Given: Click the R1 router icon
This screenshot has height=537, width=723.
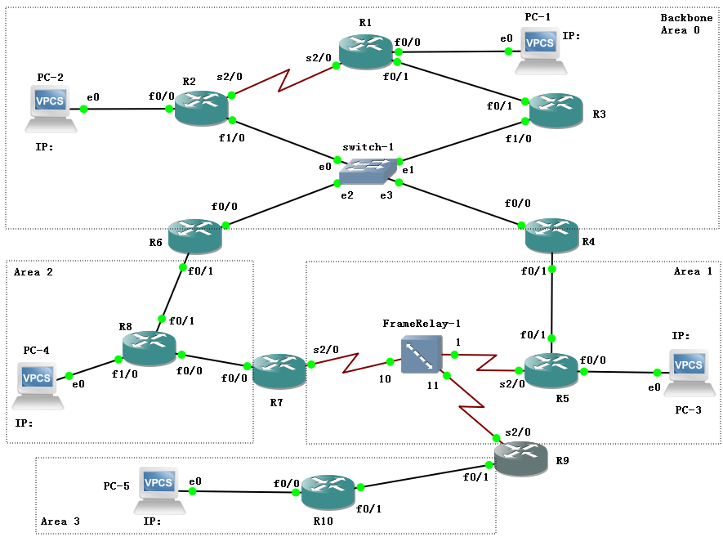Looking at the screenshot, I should click(x=366, y=51).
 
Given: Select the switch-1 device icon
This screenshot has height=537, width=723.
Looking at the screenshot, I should click(x=367, y=170).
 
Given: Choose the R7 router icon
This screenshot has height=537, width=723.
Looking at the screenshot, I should click(x=279, y=372).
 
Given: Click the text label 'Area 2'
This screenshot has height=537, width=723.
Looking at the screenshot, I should click(x=33, y=272).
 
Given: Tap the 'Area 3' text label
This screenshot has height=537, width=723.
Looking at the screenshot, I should click(x=60, y=520).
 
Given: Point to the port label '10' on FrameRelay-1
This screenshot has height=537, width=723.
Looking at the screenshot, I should click(x=384, y=380).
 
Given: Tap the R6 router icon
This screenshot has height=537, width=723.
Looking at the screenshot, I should click(x=194, y=235).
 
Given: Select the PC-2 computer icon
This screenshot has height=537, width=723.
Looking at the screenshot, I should click(x=51, y=109).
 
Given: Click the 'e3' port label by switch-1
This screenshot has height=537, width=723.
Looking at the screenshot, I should click(x=385, y=195).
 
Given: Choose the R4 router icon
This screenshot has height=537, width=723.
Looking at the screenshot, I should click(x=552, y=235).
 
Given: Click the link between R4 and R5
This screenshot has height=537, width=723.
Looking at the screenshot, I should click(x=553, y=302).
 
